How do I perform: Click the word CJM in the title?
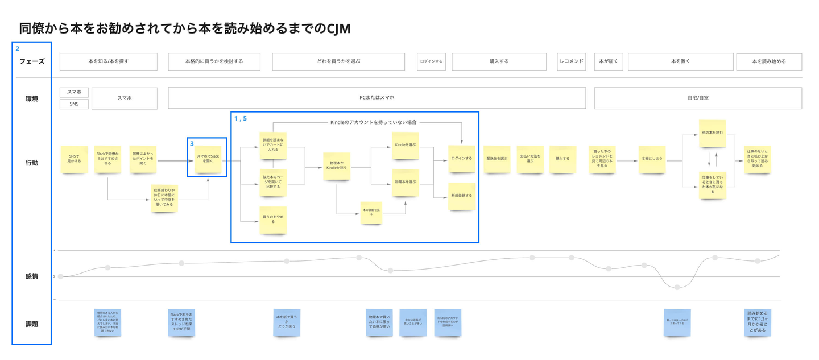coord(339,28)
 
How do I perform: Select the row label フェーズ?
coord(32,61)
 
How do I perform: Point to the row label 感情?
coord(32,276)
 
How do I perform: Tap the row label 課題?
coord(32,324)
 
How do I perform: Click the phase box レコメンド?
coord(571,61)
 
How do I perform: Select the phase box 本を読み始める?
coord(768,61)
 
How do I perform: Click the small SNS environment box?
coord(74,104)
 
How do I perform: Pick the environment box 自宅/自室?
coord(697,98)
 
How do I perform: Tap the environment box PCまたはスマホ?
coord(377,98)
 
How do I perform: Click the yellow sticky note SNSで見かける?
coord(75,159)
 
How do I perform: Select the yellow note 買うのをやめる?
coord(273,220)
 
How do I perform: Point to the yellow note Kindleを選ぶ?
coord(406,146)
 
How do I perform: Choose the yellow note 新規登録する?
coord(462,196)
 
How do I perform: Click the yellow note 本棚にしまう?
coord(652,159)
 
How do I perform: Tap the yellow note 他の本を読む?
coord(712,133)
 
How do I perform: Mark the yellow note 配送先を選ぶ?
coord(497,159)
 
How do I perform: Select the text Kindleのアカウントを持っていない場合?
coord(374,122)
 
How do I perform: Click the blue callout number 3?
coord(192,144)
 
